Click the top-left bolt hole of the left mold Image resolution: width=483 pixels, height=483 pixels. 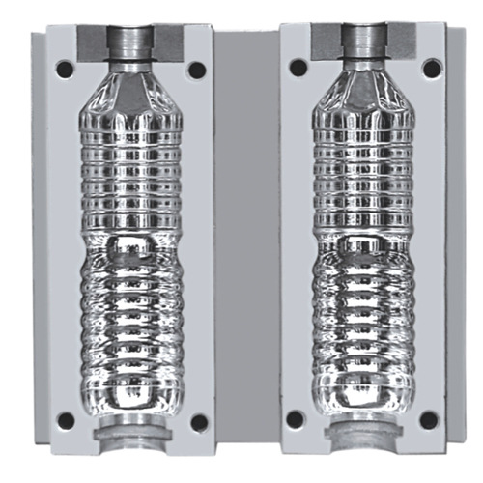(x=64, y=70)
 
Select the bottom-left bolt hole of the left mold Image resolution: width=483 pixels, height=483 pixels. (x=65, y=420)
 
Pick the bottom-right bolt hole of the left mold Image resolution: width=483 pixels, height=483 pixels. (x=198, y=421)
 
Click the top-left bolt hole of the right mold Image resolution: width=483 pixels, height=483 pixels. (x=298, y=68)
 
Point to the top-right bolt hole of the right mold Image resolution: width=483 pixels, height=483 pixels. (x=432, y=68)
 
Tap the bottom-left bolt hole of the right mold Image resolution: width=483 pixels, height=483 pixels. (x=297, y=419)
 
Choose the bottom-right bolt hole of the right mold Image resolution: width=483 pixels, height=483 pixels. (x=431, y=420)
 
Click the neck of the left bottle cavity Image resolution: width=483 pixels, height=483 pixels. (x=128, y=43)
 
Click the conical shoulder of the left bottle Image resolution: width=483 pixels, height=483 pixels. (x=129, y=92)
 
